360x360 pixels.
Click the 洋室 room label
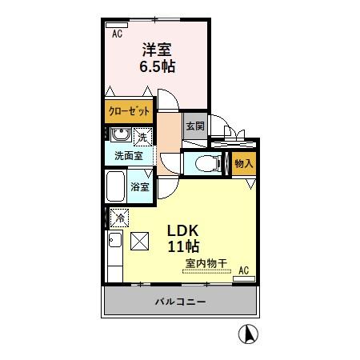pyautogui.click(x=157, y=50)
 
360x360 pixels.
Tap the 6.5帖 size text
pyautogui.click(x=157, y=67)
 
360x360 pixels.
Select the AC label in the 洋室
pyautogui.click(x=118, y=34)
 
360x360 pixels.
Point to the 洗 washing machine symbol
pyautogui.click(x=142, y=136)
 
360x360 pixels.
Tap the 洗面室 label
pyautogui.click(x=127, y=155)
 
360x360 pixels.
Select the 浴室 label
pyautogui.click(x=141, y=186)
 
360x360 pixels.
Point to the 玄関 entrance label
pyautogui.click(x=194, y=126)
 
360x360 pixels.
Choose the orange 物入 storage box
pyautogui.click(x=243, y=164)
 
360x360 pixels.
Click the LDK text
pyautogui.click(x=182, y=230)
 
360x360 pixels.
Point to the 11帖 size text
pyautogui.click(x=183, y=246)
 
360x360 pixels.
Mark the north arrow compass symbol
pyautogui.click(x=250, y=334)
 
